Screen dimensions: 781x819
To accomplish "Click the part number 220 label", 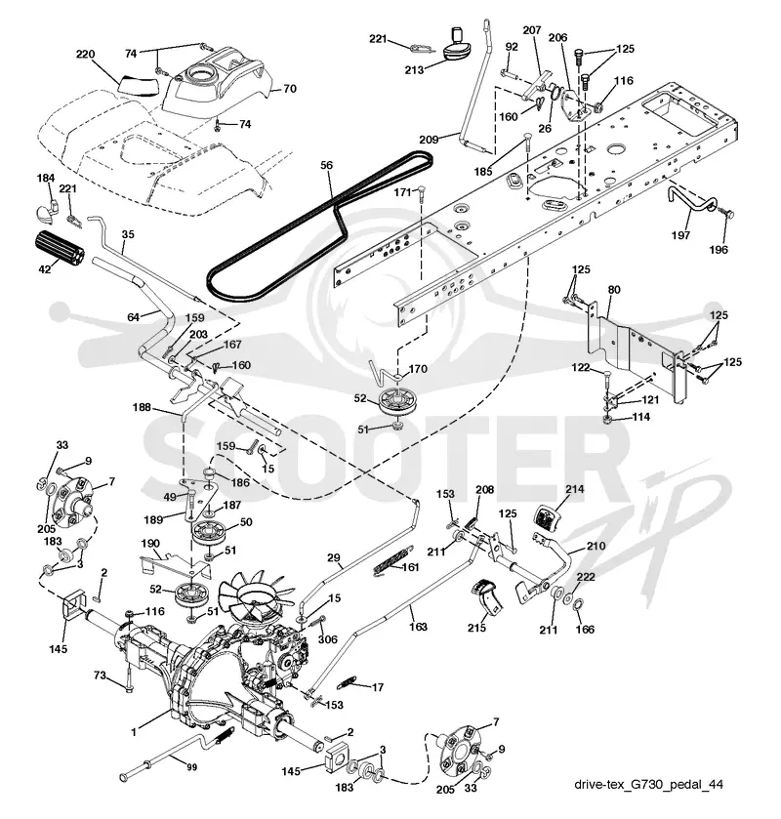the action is click(x=86, y=54).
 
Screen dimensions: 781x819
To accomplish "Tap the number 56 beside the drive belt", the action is click(x=326, y=165).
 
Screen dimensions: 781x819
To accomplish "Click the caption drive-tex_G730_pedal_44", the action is click(x=648, y=784).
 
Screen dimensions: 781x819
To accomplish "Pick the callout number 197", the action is click(x=680, y=235).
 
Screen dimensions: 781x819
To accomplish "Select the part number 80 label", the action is click(x=614, y=289).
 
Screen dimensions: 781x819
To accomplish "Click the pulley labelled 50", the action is click(x=209, y=532).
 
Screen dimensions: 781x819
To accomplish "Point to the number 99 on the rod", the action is click(x=191, y=767).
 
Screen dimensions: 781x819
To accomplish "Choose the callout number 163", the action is click(x=418, y=627).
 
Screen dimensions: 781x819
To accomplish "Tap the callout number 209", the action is click(x=429, y=140).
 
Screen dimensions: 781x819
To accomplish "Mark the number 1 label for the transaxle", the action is click(x=134, y=732).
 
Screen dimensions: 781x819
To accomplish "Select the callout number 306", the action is click(x=328, y=639).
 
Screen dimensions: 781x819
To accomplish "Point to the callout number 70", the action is click(x=289, y=89).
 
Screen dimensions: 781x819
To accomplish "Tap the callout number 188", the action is click(x=142, y=407).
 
